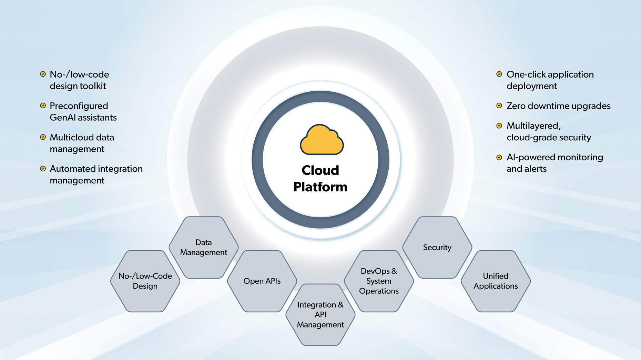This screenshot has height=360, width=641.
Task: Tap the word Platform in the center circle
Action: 320,187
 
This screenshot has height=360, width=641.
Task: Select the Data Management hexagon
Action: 204,247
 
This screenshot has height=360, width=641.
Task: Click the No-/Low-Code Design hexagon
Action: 145,281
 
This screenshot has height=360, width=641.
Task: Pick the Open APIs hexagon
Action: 262,281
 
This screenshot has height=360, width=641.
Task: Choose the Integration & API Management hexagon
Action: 320,314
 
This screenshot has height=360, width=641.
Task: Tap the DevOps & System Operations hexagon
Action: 379,281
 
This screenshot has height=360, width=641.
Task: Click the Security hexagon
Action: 437,247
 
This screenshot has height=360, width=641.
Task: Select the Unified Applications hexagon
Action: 496,281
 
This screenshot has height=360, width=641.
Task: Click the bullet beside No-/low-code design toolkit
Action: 43,74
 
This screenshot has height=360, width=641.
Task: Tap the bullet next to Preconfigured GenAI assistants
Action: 43,106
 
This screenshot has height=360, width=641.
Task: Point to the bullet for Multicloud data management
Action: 43,137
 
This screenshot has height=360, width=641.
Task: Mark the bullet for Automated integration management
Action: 43,169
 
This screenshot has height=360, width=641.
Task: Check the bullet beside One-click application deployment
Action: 499,74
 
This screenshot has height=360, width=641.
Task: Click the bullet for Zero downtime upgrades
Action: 499,106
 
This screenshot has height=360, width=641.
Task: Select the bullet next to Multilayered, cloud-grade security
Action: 499,126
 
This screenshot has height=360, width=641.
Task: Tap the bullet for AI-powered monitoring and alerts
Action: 499,157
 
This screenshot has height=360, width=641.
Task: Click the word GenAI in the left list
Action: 63,118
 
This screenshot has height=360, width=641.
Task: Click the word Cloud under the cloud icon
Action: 320,170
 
